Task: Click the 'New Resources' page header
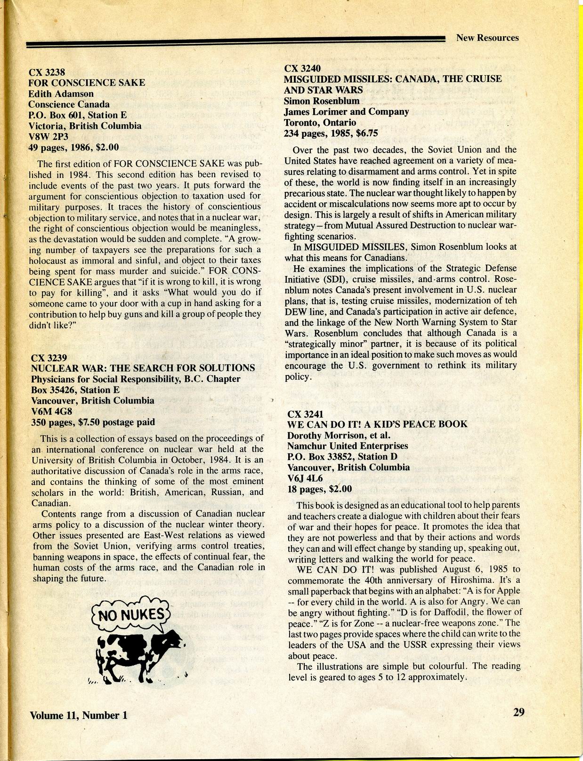(487, 38)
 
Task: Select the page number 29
(518, 712)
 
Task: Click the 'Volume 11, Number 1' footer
(79, 715)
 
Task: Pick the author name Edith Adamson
(61, 94)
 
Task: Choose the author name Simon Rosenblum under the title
(322, 101)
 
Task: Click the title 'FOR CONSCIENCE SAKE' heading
(87, 83)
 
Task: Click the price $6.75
(367, 133)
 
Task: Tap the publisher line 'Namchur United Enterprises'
(348, 446)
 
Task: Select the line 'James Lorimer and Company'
(346, 111)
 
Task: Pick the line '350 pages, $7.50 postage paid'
(93, 422)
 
